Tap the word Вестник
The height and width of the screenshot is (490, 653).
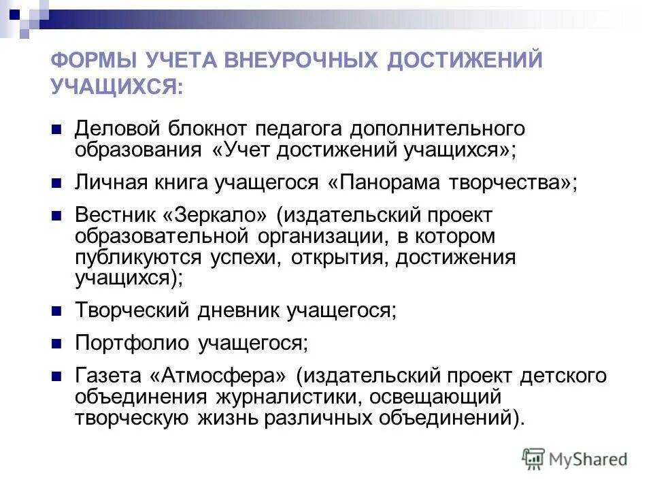pos(113,216)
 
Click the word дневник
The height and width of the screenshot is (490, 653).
pos(241,310)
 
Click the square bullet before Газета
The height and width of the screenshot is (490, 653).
pos(57,376)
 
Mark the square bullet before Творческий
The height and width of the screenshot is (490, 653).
pos(57,310)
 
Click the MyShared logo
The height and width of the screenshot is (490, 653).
pos(575,459)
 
